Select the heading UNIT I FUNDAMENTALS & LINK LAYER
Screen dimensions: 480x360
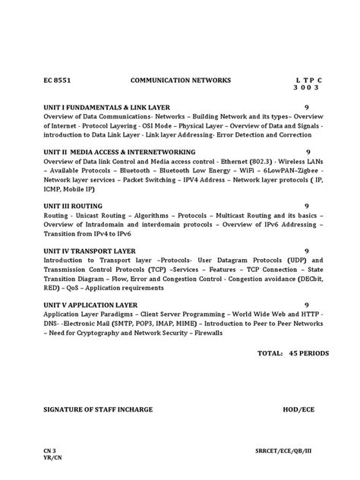tap(107, 108)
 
